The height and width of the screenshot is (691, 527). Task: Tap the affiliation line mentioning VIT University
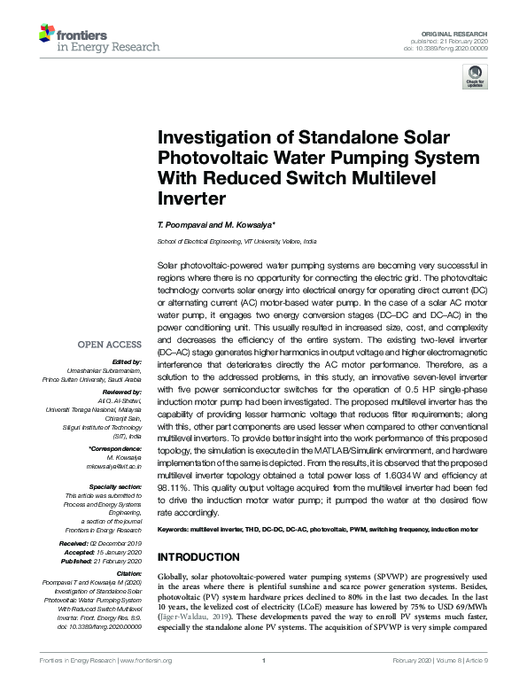(x=236, y=241)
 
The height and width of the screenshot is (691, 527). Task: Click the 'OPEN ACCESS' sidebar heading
(x=109, y=345)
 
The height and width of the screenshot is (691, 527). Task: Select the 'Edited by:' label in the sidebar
(x=128, y=361)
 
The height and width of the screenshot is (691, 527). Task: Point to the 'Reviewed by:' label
(x=122, y=390)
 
